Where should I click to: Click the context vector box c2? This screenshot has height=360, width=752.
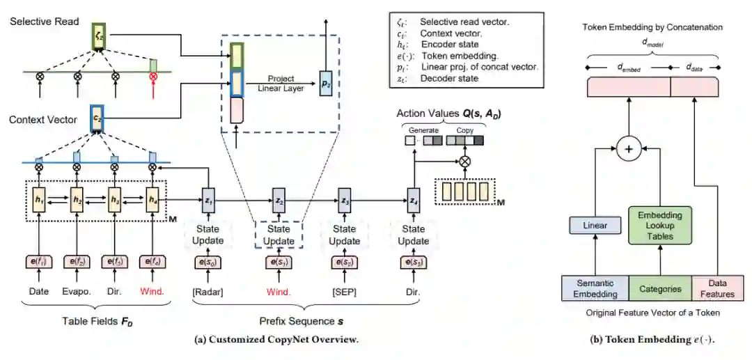[x=97, y=118]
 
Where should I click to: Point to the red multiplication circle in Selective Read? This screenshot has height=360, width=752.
[x=152, y=75]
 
